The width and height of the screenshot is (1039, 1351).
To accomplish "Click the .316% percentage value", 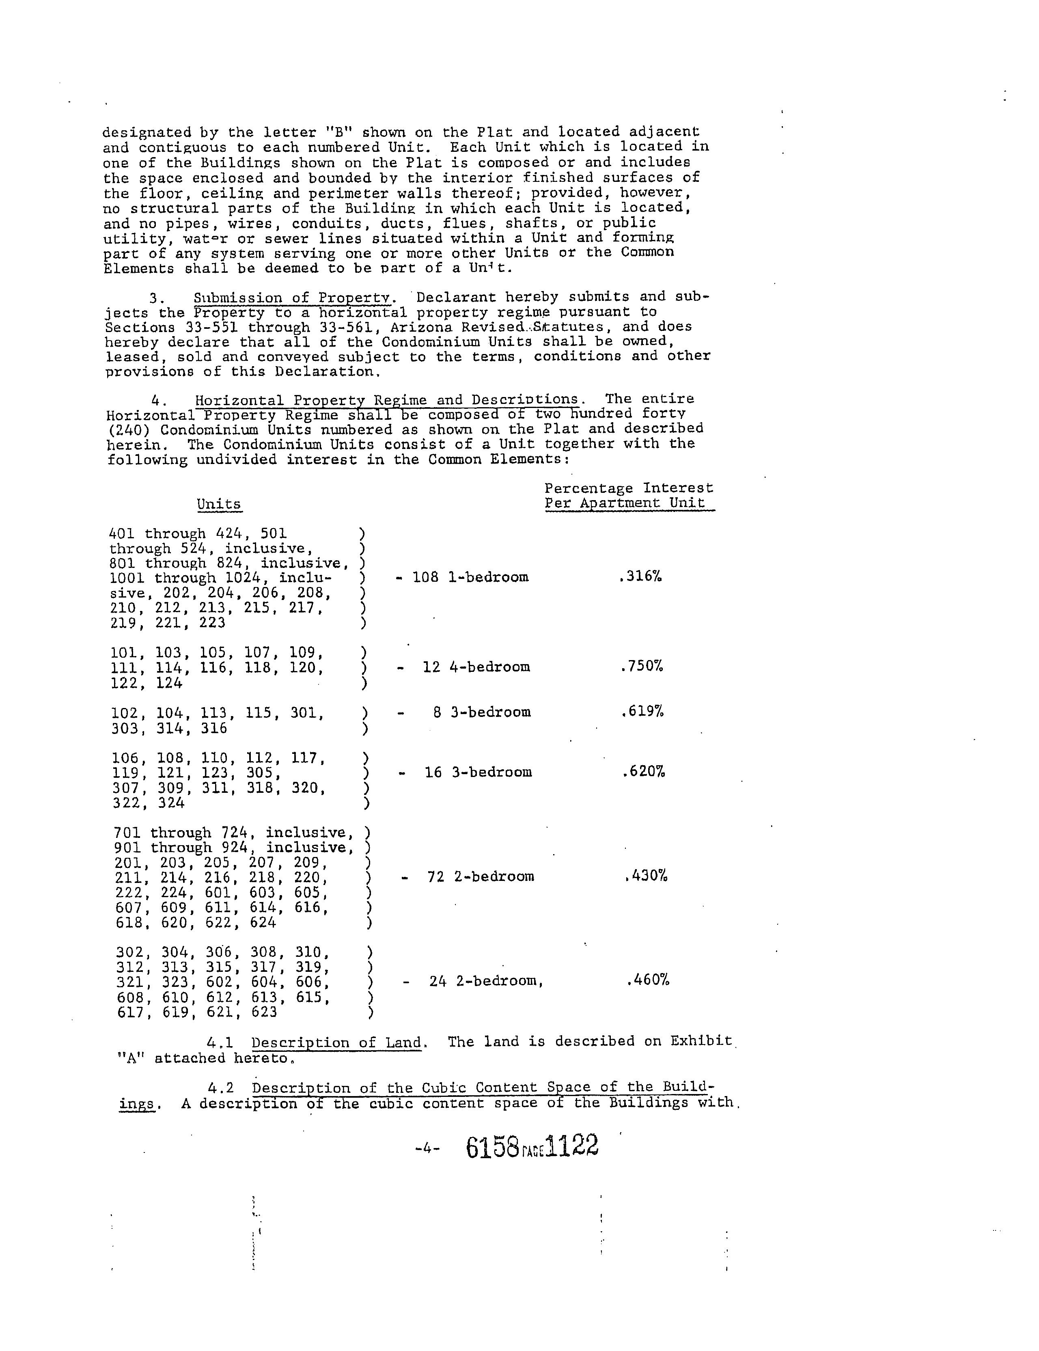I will point(640,576).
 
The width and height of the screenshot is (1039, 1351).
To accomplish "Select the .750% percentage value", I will point(641,666).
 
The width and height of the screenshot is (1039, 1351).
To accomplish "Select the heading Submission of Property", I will point(293,298).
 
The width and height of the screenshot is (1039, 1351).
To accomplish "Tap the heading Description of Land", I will point(336,1042).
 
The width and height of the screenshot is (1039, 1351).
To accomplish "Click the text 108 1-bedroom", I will point(470,577).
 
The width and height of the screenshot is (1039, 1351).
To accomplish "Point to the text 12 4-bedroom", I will point(476,667).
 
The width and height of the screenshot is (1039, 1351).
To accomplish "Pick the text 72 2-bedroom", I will point(481,876).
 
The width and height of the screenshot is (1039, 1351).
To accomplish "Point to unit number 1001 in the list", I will point(127,578).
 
